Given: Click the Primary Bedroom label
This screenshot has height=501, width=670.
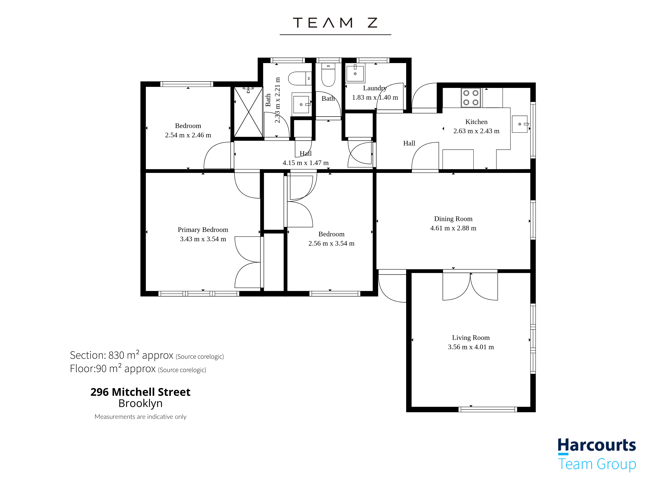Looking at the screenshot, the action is pyautogui.click(x=203, y=230).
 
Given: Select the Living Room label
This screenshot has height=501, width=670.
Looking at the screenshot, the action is pyautogui.click(x=471, y=338).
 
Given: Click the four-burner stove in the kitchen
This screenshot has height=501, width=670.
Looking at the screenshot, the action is pyautogui.click(x=471, y=98).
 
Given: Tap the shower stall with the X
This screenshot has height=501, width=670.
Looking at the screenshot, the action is pyautogui.click(x=248, y=112).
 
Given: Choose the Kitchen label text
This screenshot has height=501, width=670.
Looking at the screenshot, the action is pyautogui.click(x=476, y=122).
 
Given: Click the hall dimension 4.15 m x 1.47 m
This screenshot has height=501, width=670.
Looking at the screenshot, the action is pyautogui.click(x=305, y=163).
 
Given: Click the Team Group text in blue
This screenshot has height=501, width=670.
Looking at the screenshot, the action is pyautogui.click(x=597, y=464).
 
